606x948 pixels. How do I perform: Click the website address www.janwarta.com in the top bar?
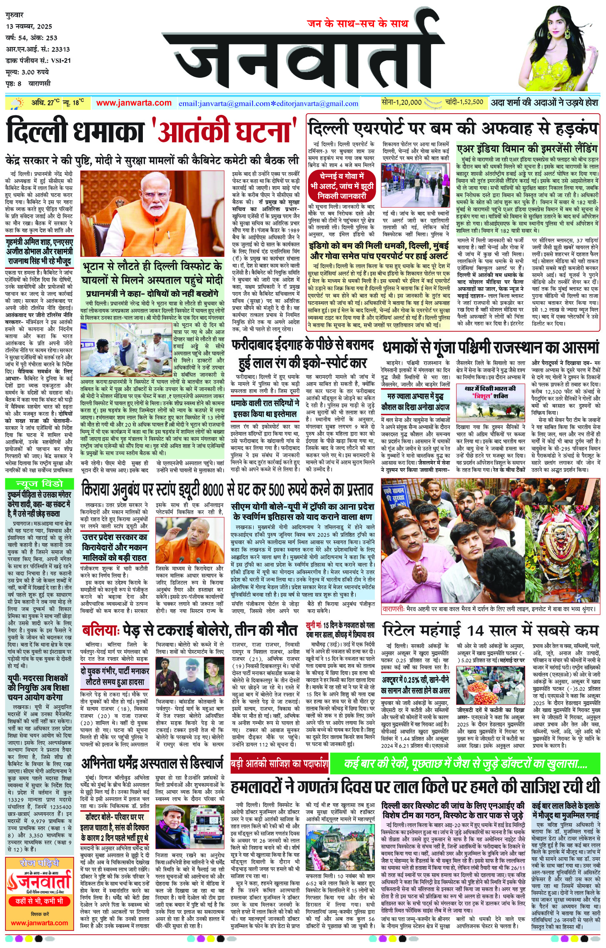point(134,103)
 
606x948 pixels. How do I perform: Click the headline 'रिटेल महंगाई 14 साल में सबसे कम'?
point(490,630)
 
